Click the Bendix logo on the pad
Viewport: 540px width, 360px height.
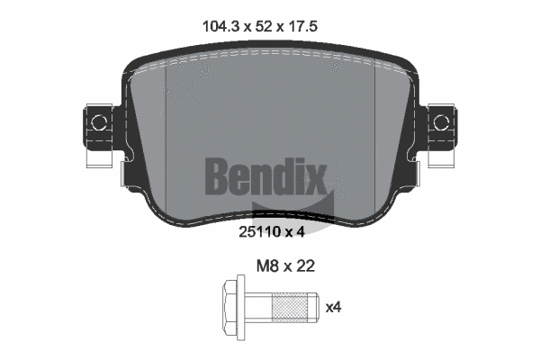click(x=266, y=176)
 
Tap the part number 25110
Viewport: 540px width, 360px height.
click(x=259, y=231)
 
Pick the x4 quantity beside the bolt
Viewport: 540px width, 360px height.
click(x=333, y=307)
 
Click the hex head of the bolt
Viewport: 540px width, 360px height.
click(x=228, y=307)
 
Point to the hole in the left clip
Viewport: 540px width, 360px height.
click(x=98, y=121)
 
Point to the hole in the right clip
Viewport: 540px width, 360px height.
click(x=441, y=121)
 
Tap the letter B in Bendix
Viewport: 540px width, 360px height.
click(x=219, y=176)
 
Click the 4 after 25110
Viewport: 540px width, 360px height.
click(x=303, y=231)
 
